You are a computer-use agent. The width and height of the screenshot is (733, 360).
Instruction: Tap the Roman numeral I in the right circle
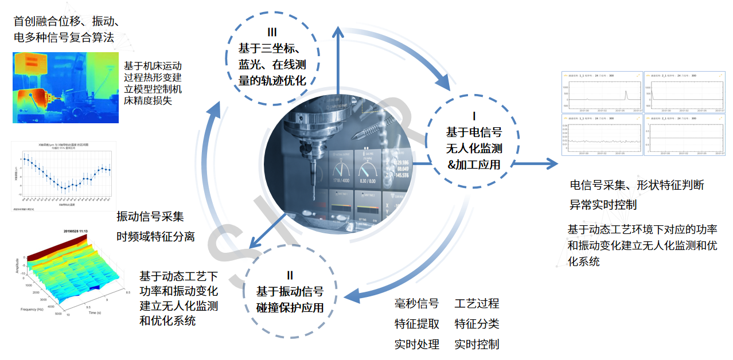click(x=473, y=115)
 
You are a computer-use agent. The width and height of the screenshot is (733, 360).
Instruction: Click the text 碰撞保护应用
click(x=290, y=307)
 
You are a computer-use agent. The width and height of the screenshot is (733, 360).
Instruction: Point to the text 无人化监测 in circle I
click(x=474, y=148)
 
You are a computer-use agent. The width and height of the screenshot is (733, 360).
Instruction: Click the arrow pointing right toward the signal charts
click(x=536, y=165)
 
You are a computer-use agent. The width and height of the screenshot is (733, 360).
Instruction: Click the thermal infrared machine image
click(x=65, y=87)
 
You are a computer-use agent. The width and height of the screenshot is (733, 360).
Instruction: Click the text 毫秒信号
click(x=417, y=303)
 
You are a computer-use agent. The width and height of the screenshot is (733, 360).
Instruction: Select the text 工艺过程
click(x=477, y=303)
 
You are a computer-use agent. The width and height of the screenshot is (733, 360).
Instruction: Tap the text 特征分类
click(x=477, y=324)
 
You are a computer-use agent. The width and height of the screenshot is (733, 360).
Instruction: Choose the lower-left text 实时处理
click(x=417, y=345)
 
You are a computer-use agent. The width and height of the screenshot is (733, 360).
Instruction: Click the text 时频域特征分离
click(x=155, y=236)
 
